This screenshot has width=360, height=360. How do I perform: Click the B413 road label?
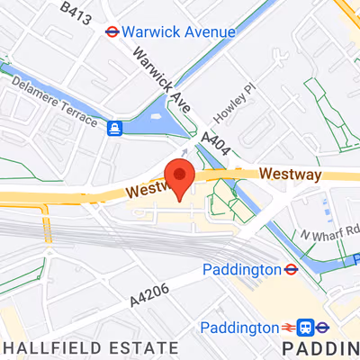[x=76, y=12]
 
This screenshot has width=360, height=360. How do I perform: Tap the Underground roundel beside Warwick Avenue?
[x=112, y=31]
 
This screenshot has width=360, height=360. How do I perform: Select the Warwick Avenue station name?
[x=178, y=31]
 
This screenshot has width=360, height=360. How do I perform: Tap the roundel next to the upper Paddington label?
[x=292, y=269]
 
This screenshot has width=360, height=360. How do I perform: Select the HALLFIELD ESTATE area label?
[x=89, y=347]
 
